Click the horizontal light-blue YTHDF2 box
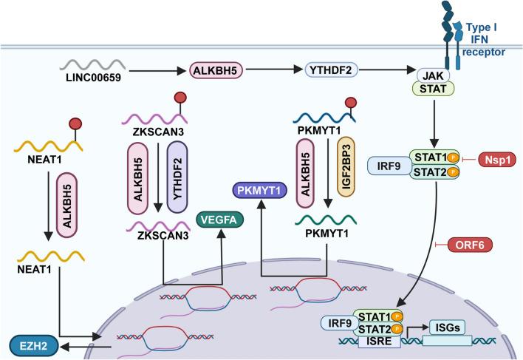[x=326, y=71]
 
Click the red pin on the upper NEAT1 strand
[x=75, y=122]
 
